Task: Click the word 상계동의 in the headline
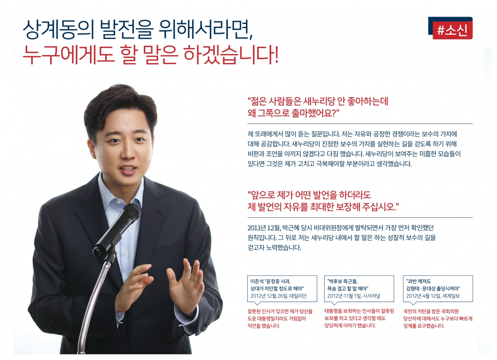(x=58, y=30)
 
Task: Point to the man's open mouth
(x=128, y=170)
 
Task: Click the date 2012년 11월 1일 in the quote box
(x=344, y=296)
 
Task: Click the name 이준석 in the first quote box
(x=257, y=281)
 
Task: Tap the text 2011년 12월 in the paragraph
(x=265, y=228)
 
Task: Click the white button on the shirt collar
(x=119, y=203)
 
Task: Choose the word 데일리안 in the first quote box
(x=298, y=296)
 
